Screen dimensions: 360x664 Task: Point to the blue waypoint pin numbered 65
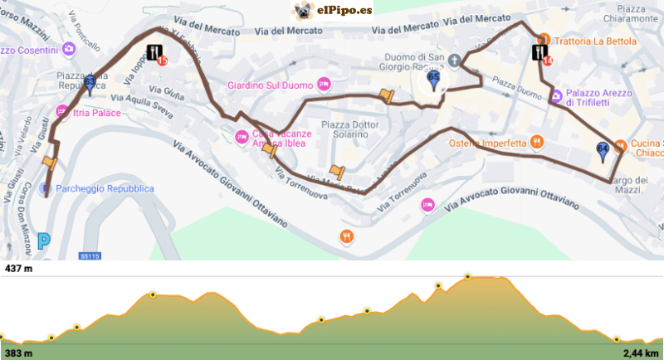(433, 80)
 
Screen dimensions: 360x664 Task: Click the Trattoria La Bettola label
(597, 41)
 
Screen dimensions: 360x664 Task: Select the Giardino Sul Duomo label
(271, 85)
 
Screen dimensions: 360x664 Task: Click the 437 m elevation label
(18, 269)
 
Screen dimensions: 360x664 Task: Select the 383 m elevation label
(18, 353)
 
